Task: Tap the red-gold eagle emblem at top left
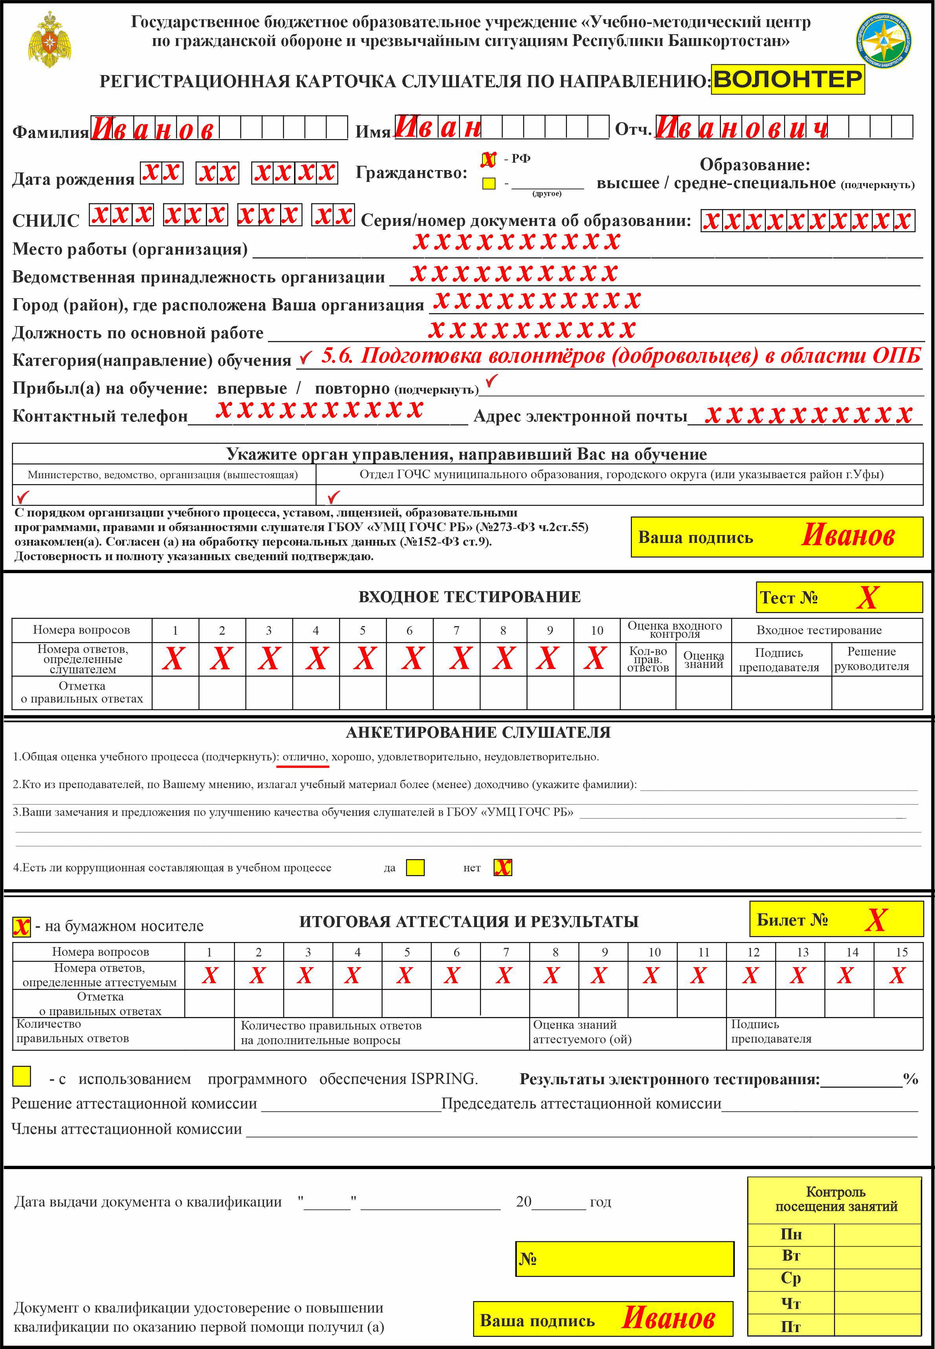pos(50,39)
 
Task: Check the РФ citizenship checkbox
pos(488,159)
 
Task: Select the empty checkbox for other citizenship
pos(488,183)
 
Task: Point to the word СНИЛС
pos(46,221)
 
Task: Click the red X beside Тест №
pos(867,598)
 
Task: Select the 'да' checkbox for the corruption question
pos(415,867)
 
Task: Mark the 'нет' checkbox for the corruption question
pos(502,867)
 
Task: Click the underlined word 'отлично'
pos(304,757)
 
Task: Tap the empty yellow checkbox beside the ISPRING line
pos(22,1076)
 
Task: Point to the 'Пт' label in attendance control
pos(790,1327)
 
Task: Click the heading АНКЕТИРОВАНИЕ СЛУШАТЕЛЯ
pos(478,732)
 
